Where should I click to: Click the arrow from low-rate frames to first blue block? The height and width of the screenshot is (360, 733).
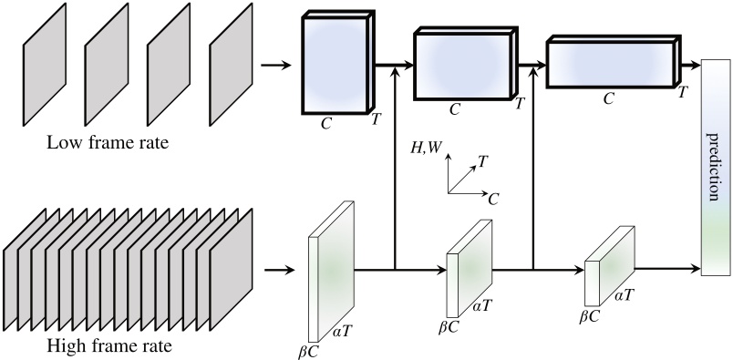[276, 65]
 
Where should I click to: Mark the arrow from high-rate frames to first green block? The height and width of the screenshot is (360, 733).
[278, 270]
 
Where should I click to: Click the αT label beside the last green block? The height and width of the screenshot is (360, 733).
[625, 295]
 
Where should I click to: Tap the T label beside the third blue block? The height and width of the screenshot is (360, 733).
[681, 93]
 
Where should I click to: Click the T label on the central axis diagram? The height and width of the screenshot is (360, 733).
[482, 160]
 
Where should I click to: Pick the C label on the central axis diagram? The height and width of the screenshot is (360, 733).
[493, 196]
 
